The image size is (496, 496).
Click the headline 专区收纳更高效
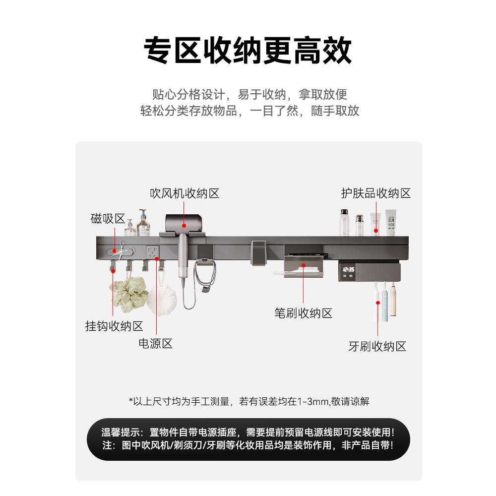248,50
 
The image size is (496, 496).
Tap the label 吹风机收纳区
185,193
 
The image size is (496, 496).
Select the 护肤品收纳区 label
375,193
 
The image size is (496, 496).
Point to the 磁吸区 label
108,219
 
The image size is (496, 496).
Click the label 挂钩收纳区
114,326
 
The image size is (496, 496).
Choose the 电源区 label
155,343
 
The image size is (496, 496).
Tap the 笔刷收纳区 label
303,313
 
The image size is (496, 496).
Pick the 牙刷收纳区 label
377,346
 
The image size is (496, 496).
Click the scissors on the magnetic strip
121,248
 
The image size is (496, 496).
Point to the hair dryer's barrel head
184,222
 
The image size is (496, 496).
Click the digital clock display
347,271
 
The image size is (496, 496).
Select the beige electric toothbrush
393,300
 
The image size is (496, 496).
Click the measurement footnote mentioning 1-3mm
248,401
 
